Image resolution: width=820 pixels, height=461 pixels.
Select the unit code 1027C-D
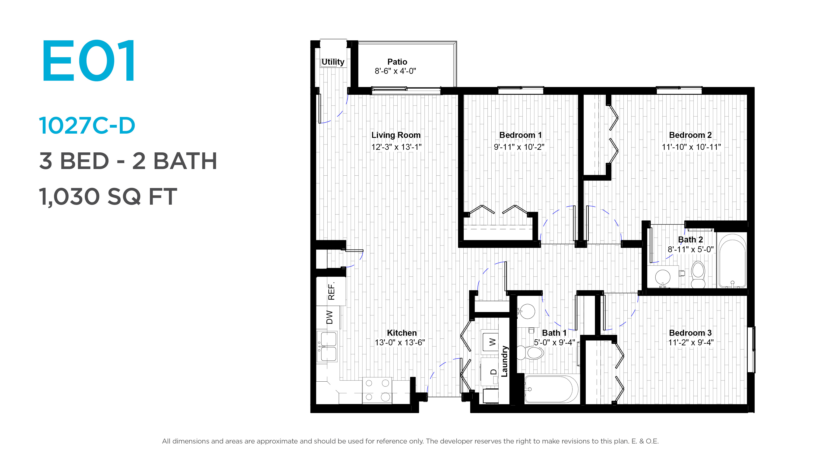(87, 126)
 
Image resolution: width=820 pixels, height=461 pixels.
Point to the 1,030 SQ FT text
(108, 197)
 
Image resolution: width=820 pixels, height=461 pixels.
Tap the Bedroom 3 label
(690, 333)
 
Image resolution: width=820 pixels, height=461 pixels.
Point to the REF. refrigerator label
(331, 291)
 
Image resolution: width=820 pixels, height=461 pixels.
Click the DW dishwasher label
(329, 317)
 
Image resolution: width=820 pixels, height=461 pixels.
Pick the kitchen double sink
(328, 346)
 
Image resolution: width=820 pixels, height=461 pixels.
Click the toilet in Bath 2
(698, 274)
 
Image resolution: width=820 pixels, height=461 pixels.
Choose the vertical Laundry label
(505, 361)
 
